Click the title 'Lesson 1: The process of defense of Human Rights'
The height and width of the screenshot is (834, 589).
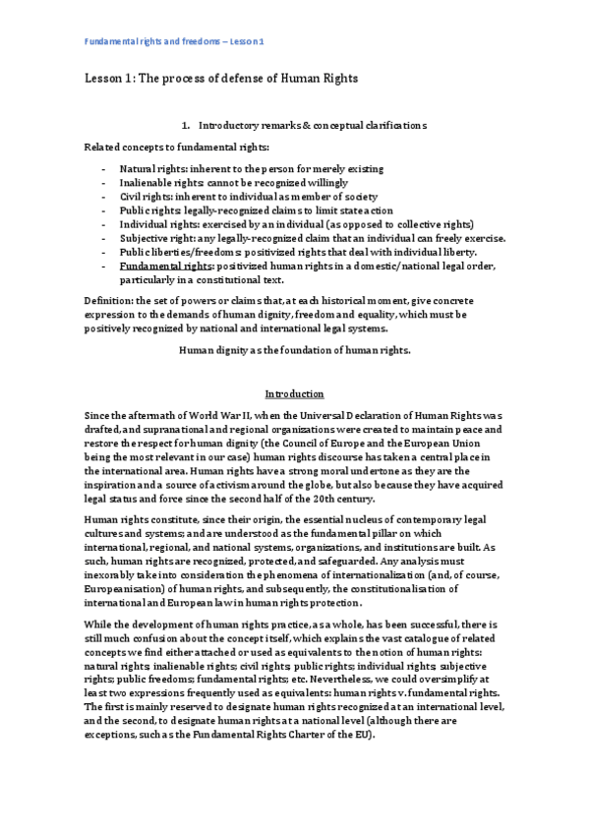pos(219,78)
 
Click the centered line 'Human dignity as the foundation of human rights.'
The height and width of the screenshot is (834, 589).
pos(294,349)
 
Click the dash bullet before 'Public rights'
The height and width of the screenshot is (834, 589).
pos(104,210)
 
